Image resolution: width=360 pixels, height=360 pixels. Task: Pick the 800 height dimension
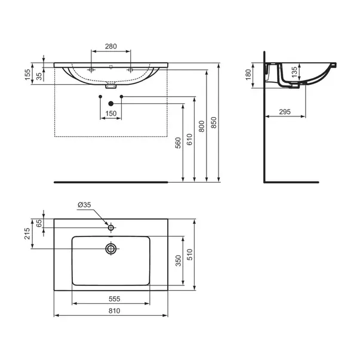coord(202,126)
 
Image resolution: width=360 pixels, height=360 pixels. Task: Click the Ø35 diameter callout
coord(84,205)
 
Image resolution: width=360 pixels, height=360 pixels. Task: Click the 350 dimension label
coord(177,260)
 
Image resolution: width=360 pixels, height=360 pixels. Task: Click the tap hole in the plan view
coord(110,227)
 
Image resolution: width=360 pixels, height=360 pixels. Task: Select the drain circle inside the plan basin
coord(110,248)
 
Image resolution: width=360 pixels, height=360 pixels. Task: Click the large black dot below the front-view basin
coord(110,103)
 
